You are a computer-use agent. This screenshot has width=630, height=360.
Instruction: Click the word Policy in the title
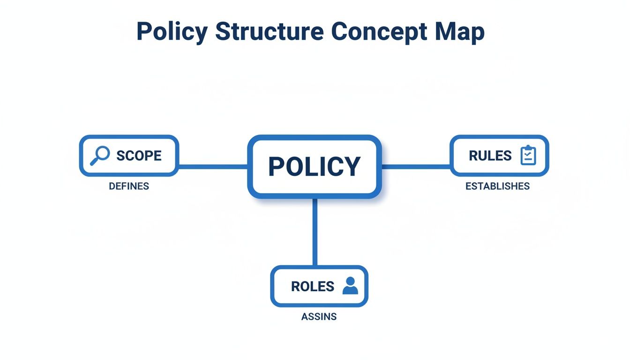pos(172,32)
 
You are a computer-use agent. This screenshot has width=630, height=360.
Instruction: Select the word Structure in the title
pos(269,32)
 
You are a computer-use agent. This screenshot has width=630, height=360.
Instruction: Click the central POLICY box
pos(315,166)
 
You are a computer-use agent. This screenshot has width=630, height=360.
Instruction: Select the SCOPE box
pos(129,156)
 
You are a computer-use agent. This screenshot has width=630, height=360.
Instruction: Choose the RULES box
pos(499,156)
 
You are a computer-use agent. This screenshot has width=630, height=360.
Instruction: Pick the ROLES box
pos(319,286)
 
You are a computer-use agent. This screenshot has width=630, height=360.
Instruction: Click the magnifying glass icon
pos(100,156)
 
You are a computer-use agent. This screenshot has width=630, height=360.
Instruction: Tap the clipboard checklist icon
pos(528,156)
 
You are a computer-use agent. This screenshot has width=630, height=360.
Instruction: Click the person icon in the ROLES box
pos(350,286)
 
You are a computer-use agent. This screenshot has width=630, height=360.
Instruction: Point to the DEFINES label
pos(129,186)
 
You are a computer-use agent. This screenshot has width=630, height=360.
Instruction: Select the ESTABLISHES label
pos(497,186)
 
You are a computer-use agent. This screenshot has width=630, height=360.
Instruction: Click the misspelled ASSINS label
pos(319,317)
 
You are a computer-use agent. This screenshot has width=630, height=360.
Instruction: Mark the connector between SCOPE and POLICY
pos(213,166)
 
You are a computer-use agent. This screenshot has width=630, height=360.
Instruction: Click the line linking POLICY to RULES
pos(416,166)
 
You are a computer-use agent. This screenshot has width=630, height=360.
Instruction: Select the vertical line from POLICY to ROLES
pos(315,232)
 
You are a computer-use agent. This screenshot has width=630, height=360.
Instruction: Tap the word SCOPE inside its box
pos(139,156)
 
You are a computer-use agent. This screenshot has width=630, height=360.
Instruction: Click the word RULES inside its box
pos(490,156)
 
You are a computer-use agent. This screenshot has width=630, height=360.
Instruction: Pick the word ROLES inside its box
pos(313,286)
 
